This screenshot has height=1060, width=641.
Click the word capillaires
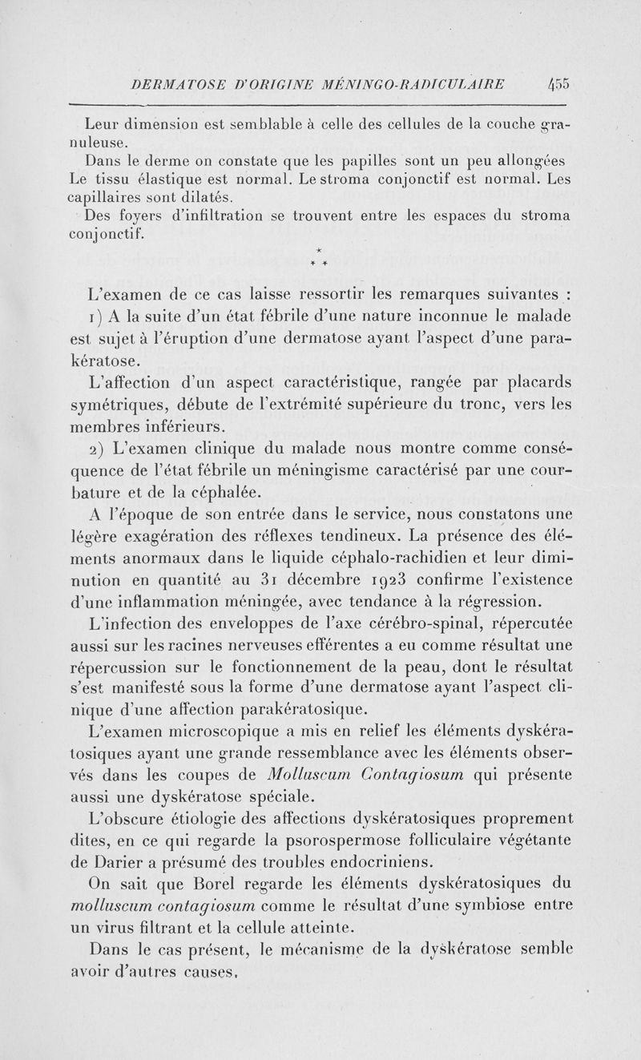coord(117,196)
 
